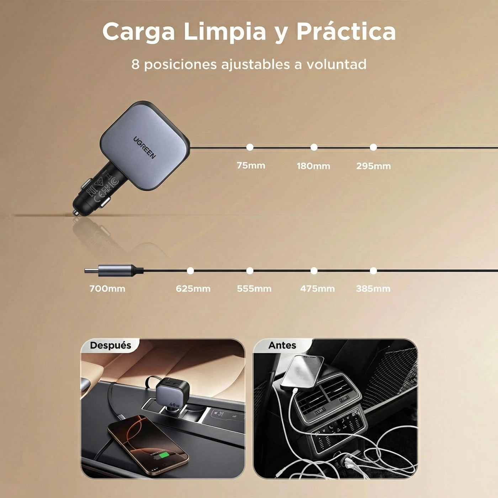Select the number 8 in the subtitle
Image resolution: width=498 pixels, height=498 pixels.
[135, 64]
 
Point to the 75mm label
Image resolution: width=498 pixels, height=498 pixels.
[251, 166]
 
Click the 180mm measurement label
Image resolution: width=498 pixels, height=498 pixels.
[313, 166]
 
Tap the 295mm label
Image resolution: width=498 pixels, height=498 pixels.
[373, 166]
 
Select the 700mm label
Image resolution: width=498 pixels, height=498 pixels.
[107, 289]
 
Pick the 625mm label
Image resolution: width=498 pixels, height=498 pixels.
[193, 289]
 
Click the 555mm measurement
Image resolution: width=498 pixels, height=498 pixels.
[254, 289]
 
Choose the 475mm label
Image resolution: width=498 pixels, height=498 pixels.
[317, 289]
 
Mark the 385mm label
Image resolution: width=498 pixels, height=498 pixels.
[373, 289]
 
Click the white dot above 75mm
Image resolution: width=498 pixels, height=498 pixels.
[250, 147]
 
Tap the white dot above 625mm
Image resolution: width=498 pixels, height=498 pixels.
[190, 271]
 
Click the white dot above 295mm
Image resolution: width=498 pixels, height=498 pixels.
[373, 147]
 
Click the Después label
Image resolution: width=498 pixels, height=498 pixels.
[111, 345]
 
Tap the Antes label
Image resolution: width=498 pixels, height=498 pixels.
[282, 345]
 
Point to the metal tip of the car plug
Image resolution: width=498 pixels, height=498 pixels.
[76, 213]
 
